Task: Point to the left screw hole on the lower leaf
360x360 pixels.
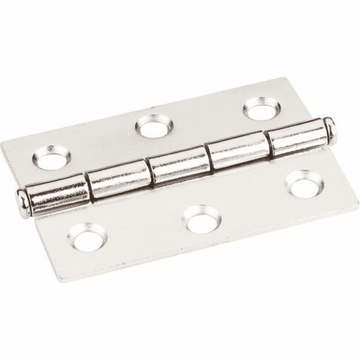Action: pyautogui.click(x=87, y=237)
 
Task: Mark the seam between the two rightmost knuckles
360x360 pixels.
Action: pyautogui.click(x=270, y=144)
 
